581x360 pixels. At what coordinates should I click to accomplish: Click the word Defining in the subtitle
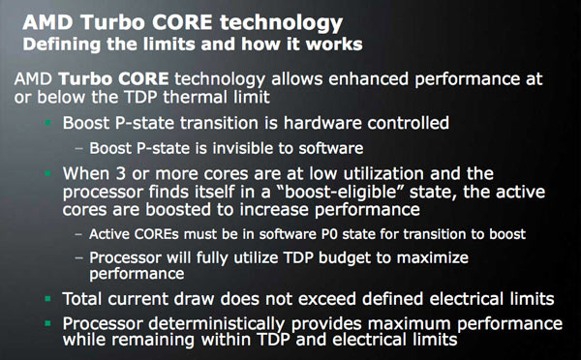point(60,45)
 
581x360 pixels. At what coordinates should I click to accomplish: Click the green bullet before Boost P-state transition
point(48,124)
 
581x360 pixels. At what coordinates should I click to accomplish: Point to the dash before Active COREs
point(78,233)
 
